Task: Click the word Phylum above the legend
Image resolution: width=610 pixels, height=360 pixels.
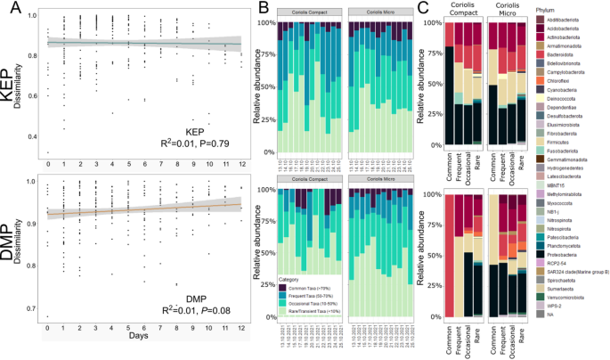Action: coord(545,9)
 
